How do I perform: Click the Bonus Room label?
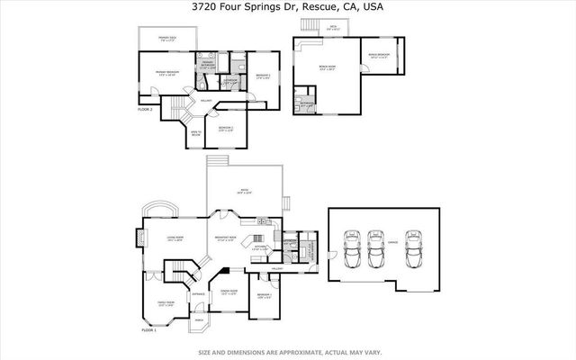328,67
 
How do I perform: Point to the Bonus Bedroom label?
379,55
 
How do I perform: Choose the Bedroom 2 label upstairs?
226,128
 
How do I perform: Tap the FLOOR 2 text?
146,108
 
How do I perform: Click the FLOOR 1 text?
148,331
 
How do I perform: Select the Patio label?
243,191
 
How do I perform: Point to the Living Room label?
175,238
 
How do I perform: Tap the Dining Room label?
229,292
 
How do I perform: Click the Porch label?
199,321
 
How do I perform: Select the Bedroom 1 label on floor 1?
265,295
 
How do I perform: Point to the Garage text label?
392,243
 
